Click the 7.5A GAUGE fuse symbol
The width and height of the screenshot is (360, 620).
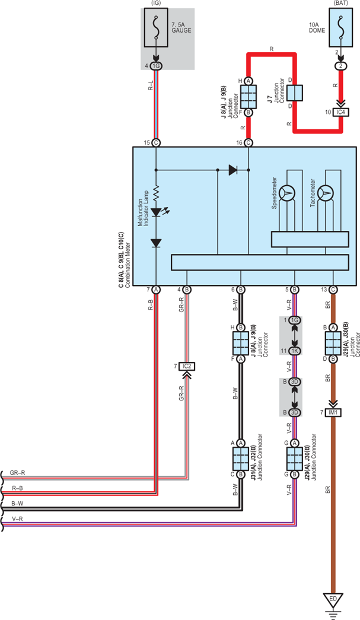(x=156, y=28)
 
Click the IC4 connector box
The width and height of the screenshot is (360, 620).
(x=340, y=112)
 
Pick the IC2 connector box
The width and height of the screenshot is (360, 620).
(x=187, y=367)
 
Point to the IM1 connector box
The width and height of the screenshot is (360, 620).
(x=333, y=413)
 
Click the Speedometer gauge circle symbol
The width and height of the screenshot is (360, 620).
(x=287, y=193)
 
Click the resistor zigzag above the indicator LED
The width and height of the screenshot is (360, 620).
(x=156, y=193)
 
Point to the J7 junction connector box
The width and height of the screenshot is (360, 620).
(x=295, y=93)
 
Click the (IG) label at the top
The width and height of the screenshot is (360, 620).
(x=156, y=3)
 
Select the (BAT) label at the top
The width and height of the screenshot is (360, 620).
(x=340, y=3)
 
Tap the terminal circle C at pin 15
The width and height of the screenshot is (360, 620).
(x=156, y=143)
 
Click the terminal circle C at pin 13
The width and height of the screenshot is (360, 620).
(x=333, y=290)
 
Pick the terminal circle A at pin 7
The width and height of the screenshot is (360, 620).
(x=156, y=290)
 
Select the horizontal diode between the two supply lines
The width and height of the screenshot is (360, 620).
(x=233, y=170)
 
